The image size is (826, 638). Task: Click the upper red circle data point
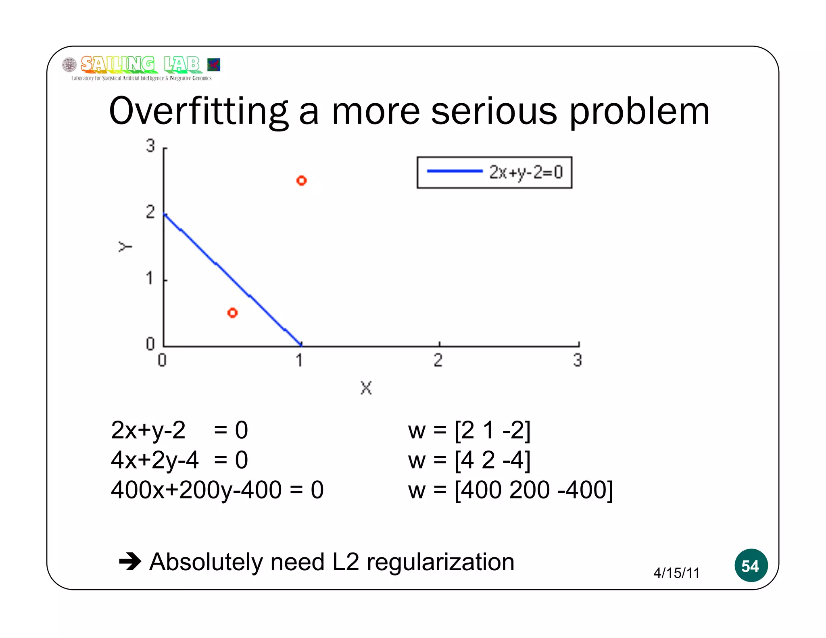pos(301,180)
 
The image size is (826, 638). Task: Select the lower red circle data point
pos(232,313)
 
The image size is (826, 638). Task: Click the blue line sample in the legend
pos(454,171)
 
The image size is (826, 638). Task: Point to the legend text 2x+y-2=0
pos(526,172)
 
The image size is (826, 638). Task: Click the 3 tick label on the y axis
pos(150,146)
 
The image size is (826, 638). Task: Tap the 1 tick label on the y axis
pos(150,278)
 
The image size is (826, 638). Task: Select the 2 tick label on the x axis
pos(438,360)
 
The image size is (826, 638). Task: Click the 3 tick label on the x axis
pos(578,360)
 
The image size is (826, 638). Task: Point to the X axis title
pos(366,388)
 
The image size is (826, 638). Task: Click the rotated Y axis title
pos(125,246)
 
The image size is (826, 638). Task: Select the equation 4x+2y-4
pos(155,460)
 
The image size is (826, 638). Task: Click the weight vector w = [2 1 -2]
pos(469,430)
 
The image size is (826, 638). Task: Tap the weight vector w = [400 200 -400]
pos(510,490)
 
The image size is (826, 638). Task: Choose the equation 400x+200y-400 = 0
pos(217,490)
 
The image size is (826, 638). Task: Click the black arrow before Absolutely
pos(130,561)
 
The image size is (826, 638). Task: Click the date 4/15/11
pos(676,573)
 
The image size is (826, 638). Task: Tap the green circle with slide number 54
pos(751,565)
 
